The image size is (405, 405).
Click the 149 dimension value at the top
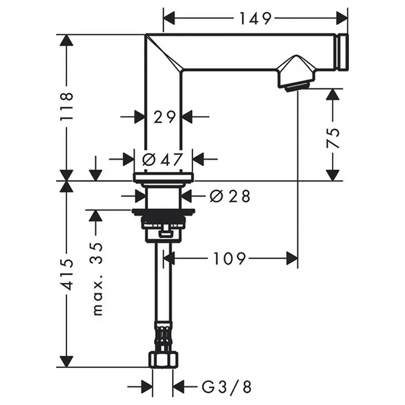click(x=255, y=19)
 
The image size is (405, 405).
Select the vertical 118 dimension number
click(x=67, y=106)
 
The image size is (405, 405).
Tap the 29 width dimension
click(x=164, y=117)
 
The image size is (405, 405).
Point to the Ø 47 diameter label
click(x=163, y=159)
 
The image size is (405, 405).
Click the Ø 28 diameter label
click(x=230, y=196)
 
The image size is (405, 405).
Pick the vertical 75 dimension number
click(x=333, y=138)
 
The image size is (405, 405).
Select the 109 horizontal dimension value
click(x=229, y=259)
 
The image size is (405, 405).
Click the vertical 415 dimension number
click(x=67, y=274)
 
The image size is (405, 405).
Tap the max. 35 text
click(x=98, y=279)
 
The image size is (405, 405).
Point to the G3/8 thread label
click(x=226, y=387)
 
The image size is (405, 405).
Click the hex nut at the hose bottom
click(x=163, y=359)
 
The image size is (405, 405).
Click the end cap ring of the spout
click(x=343, y=52)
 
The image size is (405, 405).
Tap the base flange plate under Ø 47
click(x=163, y=176)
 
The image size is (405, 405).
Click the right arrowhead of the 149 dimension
click(x=343, y=19)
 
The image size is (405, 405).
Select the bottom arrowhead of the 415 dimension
click(x=67, y=361)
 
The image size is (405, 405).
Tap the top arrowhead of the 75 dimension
click(x=333, y=95)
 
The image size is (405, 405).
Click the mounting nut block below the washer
click(x=163, y=229)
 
